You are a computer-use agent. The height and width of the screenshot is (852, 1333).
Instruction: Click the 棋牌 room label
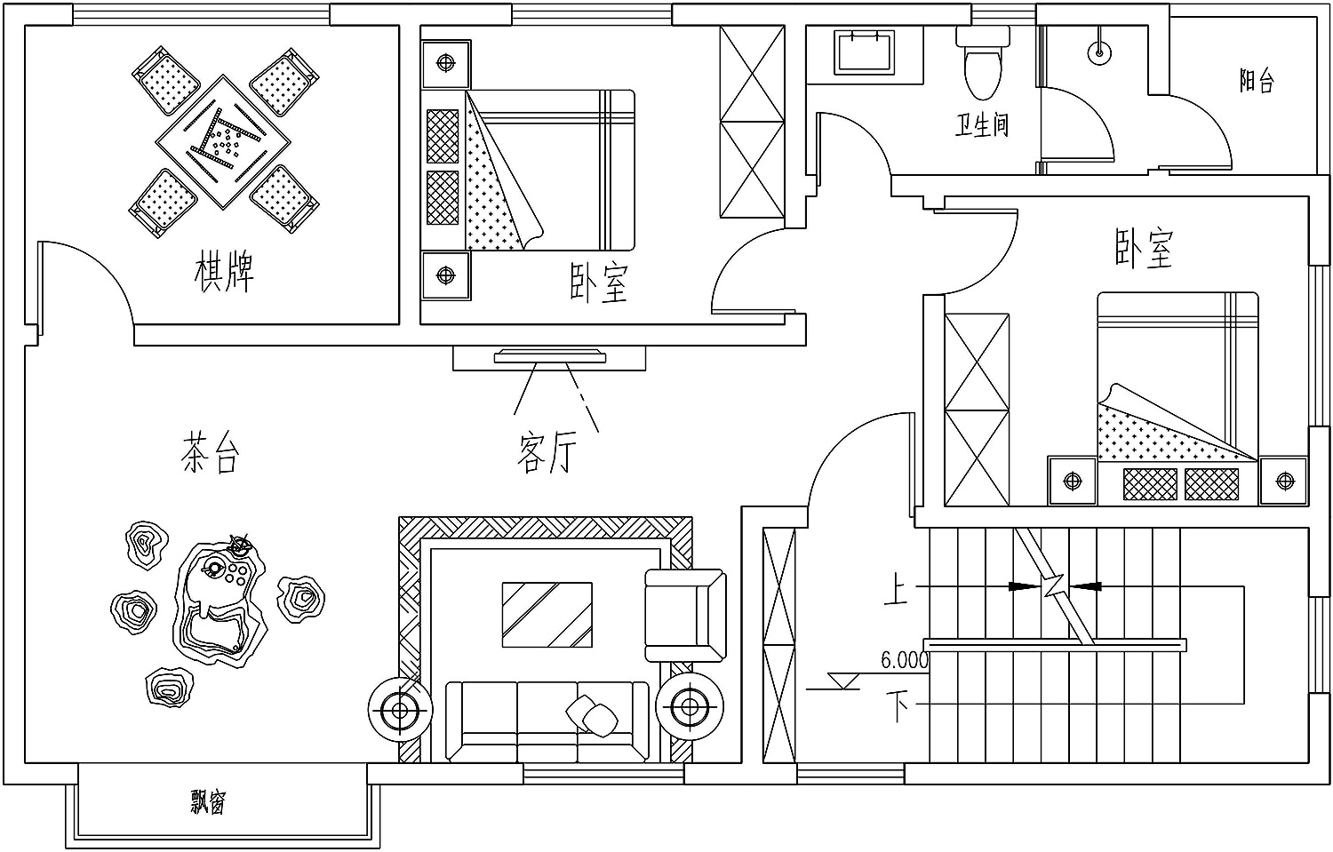(224, 273)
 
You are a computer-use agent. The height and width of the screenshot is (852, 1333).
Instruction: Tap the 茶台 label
(210, 452)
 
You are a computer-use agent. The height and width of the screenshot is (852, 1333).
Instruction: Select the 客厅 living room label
(547, 453)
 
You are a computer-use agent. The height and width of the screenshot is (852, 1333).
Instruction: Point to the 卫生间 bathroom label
(982, 125)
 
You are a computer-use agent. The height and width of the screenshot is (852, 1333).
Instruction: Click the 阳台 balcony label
(1257, 80)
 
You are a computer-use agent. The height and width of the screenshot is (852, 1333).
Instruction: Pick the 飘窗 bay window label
(208, 801)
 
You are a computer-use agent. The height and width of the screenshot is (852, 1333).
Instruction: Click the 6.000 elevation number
(905, 660)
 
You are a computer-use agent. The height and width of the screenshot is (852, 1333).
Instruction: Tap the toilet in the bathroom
(983, 62)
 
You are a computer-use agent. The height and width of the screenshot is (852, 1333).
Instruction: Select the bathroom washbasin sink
(864, 53)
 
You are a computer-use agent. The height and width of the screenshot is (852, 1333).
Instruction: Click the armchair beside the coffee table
(685, 615)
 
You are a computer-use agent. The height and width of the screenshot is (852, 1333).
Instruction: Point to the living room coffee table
(547, 615)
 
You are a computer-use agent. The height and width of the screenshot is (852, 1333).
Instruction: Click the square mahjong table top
(223, 142)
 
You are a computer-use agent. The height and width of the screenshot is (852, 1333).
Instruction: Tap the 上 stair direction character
(896, 588)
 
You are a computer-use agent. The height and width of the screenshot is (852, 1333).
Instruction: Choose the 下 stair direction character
(898, 705)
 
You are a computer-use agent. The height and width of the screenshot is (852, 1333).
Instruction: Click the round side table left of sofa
(400, 709)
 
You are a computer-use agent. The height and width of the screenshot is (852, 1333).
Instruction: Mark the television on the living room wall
(550, 356)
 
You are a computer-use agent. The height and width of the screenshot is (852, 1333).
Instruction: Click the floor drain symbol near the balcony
(1099, 52)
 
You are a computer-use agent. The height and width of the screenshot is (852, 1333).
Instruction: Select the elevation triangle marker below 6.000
(843, 681)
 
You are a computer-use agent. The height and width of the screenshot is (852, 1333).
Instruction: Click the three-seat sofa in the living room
(547, 721)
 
